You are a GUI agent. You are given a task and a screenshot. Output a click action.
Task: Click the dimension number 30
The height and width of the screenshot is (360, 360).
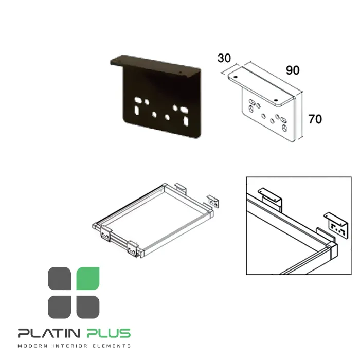[224, 58]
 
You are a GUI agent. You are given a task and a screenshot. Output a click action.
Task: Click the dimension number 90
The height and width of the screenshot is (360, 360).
[293, 70]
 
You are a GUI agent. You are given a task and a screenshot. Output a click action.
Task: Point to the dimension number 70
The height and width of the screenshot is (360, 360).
[315, 119]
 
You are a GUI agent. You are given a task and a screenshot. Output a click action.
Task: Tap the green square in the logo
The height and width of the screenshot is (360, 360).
[88, 278]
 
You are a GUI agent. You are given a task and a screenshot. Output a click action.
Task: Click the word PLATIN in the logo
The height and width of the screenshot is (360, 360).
[49, 333]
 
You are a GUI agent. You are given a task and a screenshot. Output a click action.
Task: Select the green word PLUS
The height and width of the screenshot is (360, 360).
[109, 333]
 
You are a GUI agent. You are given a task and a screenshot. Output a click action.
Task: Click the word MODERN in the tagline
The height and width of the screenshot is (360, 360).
[32, 346]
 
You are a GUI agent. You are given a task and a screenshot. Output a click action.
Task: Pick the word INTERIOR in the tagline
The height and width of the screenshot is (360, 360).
[70, 346]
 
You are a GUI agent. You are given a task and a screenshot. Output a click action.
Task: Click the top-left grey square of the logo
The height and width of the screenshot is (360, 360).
[59, 278]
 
